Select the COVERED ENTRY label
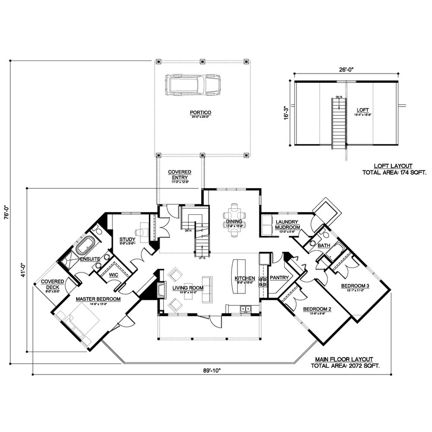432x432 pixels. [180, 174]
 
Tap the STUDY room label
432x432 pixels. [127, 239]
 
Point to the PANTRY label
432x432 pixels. [280, 278]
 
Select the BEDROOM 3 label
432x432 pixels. [355, 286]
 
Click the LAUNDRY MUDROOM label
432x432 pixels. [288, 224]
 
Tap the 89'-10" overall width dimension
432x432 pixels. [212, 370]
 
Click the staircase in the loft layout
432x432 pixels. [339, 123]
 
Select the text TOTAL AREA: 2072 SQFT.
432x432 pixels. [345, 365]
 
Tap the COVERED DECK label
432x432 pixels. [52, 284]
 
